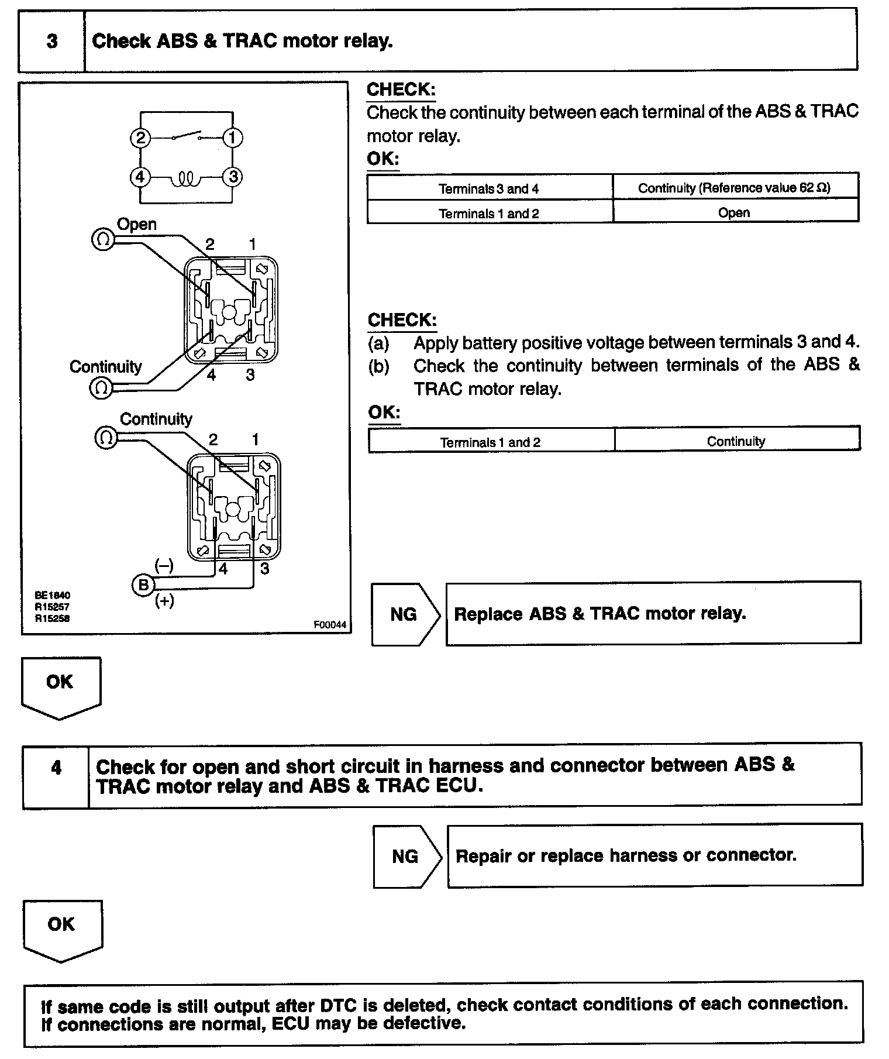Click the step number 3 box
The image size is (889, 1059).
pos(51,41)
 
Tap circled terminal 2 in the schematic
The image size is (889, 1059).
pos(140,138)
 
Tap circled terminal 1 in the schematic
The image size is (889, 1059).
pos(233,138)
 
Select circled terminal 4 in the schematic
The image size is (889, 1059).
pos(140,176)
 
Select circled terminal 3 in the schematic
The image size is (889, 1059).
pos(233,176)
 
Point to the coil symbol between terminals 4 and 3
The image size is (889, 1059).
pos(186,177)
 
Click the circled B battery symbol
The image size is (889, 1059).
pos(143,584)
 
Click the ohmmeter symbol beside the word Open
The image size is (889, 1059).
pos(102,239)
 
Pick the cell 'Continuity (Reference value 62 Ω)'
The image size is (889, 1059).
pos(735,188)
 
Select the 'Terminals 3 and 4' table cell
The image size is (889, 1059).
pos(489,188)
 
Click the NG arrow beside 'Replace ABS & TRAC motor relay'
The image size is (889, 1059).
pos(405,614)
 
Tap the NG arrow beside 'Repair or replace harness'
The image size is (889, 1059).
pos(406,857)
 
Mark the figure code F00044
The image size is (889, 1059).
pos(330,625)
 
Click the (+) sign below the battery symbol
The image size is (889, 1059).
pos(164,601)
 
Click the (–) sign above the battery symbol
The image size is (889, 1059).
pos(164,565)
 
